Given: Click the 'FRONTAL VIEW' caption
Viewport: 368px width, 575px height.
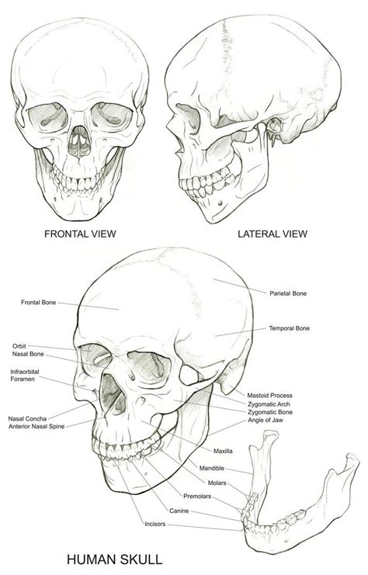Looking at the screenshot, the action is (80, 234).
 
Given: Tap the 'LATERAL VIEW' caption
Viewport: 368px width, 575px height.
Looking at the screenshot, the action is (273, 234).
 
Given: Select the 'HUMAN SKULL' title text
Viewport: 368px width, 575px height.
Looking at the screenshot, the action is (114, 559).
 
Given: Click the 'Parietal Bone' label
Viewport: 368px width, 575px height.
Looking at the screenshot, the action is (288, 293).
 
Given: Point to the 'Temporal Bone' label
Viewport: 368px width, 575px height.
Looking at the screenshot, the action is (289, 328).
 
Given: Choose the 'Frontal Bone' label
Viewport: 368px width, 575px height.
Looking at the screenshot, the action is (39, 303).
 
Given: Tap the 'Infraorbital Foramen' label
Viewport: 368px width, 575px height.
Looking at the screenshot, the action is (25, 375).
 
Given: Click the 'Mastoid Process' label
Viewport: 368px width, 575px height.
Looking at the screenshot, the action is (269, 395).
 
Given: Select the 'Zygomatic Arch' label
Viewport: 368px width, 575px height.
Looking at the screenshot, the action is (269, 404).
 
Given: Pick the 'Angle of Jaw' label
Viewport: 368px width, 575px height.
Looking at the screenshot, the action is (266, 421).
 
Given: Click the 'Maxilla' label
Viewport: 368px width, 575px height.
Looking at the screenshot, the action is (223, 451).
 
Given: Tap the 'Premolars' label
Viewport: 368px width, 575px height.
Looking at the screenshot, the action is (197, 496).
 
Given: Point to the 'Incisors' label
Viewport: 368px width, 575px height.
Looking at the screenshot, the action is (154, 524).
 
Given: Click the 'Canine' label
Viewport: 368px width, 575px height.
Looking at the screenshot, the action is (179, 511).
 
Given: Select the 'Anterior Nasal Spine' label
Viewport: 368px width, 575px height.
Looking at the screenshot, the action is (36, 427).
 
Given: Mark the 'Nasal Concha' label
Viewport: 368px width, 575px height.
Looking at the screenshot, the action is (27, 418).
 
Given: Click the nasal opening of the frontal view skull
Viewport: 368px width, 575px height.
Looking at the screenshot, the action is (79, 142).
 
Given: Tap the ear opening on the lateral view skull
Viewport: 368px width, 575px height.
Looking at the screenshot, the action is (273, 126).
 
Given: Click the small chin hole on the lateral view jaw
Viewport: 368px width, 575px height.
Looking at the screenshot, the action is (220, 203).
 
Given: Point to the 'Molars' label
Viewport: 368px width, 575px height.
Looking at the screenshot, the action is (217, 483).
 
